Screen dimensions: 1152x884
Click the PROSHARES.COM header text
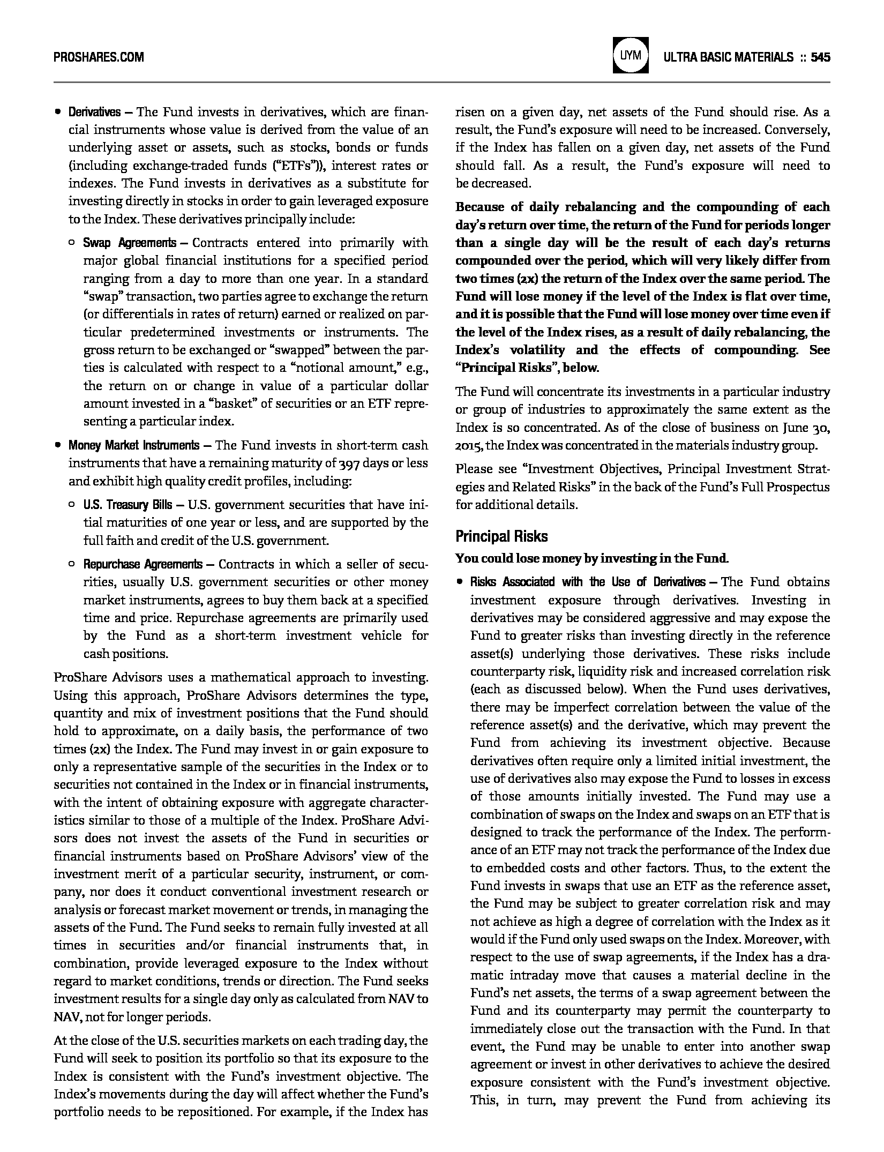[99, 57]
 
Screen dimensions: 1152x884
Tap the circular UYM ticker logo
[630, 55]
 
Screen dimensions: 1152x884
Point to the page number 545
[820, 57]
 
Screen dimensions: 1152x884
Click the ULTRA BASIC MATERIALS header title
[728, 57]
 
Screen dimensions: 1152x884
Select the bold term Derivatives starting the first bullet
[94, 112]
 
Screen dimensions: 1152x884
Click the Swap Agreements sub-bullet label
[129, 243]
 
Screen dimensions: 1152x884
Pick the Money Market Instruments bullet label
[133, 445]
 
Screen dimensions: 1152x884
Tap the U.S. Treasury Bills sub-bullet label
[128, 505]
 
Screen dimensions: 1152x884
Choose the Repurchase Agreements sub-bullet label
[143, 564]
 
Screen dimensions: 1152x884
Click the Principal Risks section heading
[501, 536]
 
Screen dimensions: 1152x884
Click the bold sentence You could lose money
[592, 558]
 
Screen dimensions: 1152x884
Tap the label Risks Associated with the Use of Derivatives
[588, 582]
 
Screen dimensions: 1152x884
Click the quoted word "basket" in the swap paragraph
[233, 403]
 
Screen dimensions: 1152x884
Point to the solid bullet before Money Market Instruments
[57, 446]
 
